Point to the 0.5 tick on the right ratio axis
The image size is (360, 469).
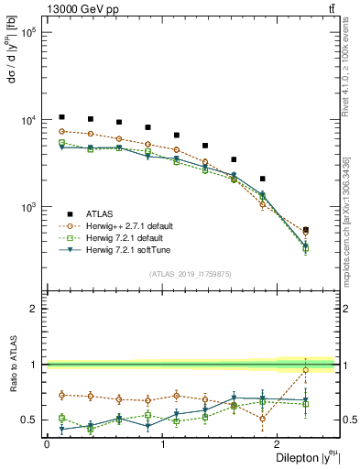(x=348, y=420)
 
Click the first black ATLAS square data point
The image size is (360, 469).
(x=61, y=117)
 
